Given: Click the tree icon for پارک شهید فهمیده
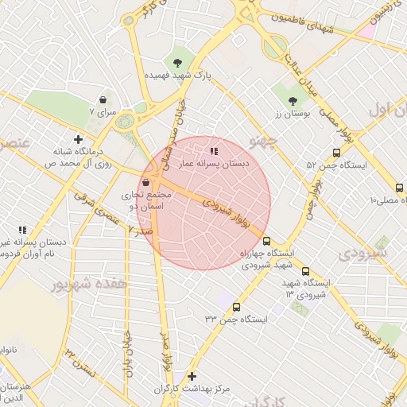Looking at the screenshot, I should pyautogui.click(x=177, y=61).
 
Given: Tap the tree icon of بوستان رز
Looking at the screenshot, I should pyautogui.click(x=293, y=101).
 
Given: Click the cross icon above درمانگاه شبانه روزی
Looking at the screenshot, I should pyautogui.click(x=77, y=139).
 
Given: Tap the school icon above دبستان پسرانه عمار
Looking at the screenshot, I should pyautogui.click(x=213, y=150).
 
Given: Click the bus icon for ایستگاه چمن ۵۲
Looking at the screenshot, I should pyautogui.click(x=336, y=153).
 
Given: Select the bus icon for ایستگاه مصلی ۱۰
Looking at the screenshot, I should pyautogui.click(x=399, y=188).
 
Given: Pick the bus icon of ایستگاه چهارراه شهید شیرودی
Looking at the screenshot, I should pyautogui.click(x=266, y=240).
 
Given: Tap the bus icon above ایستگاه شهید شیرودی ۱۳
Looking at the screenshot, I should pyautogui.click(x=306, y=271).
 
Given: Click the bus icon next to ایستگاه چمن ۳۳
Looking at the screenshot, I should pyautogui.click(x=236, y=307).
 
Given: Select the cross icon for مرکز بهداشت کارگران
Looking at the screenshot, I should pyautogui.click(x=191, y=376).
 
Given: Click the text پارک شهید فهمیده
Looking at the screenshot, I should pyautogui.click(x=179, y=75).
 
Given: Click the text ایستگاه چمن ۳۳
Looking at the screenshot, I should pyautogui.click(x=236, y=319).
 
